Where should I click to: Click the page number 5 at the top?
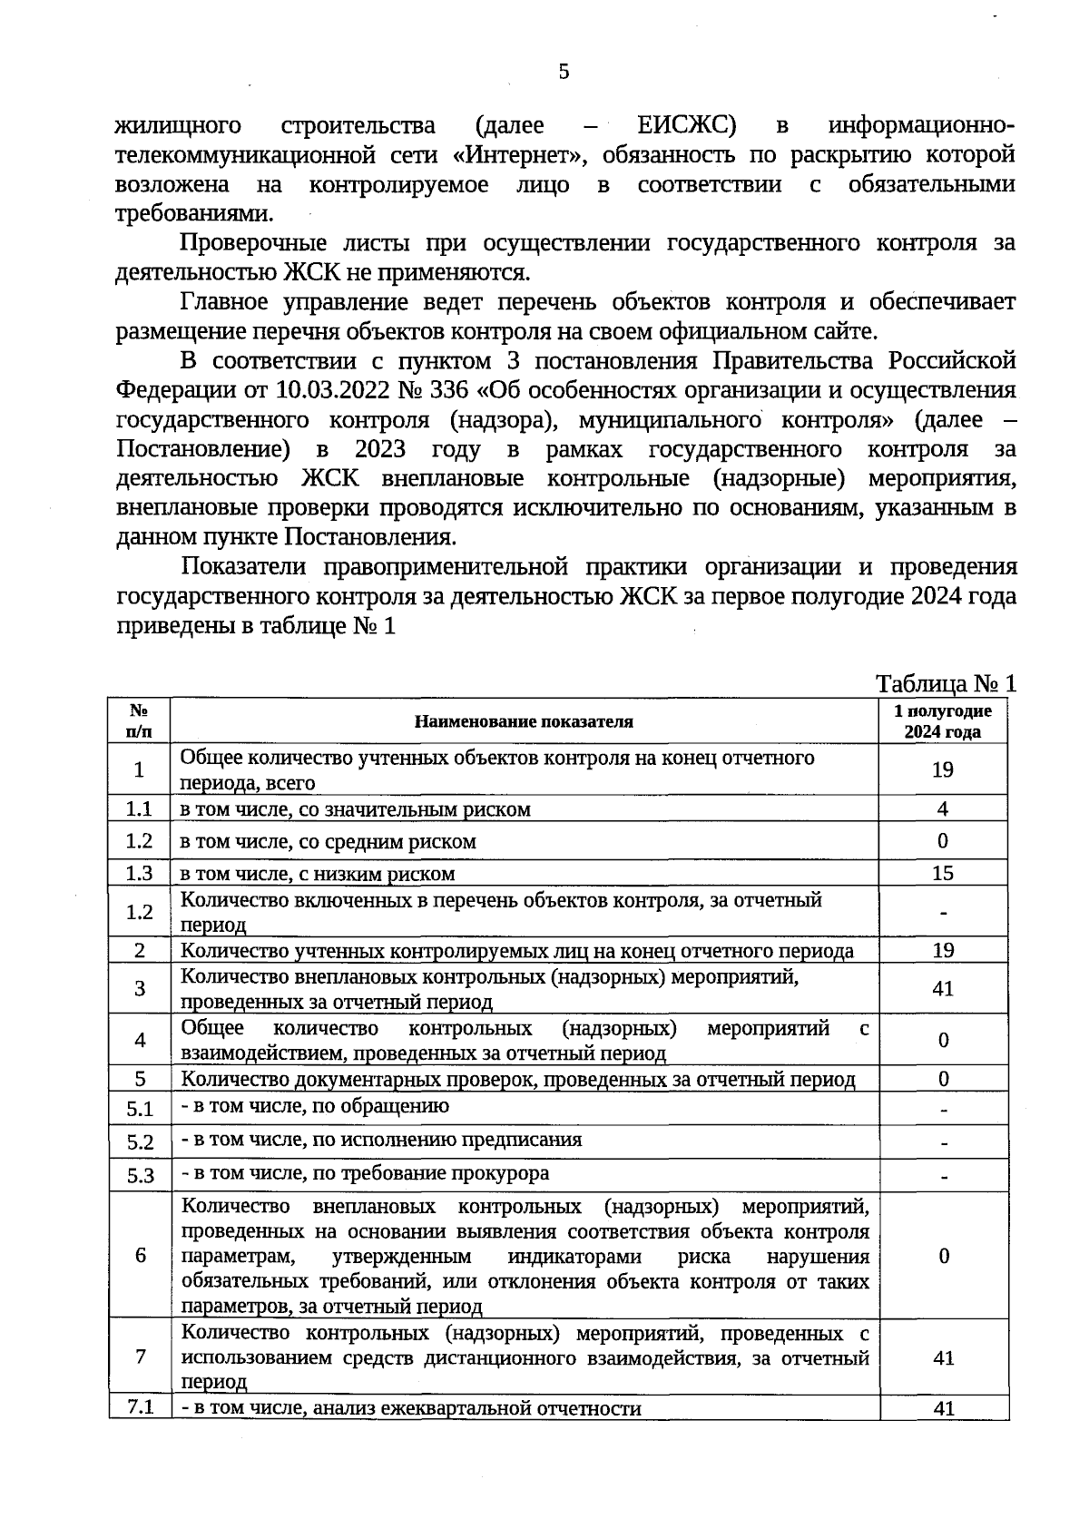click(x=564, y=72)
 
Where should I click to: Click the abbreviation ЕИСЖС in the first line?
click(x=686, y=125)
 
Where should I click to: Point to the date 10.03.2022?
click(x=336, y=390)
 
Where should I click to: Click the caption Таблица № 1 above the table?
click(x=946, y=683)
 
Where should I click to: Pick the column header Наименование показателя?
click(x=524, y=721)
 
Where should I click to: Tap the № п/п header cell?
click(x=139, y=721)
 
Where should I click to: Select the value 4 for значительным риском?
click(x=943, y=808)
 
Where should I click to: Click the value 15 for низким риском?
click(x=943, y=873)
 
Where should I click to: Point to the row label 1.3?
click(x=139, y=873)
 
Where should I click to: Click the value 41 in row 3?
click(x=943, y=988)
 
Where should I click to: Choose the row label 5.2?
click(x=140, y=1142)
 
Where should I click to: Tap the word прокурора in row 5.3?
click(x=505, y=1173)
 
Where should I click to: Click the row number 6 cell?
click(x=140, y=1255)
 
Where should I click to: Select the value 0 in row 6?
click(x=944, y=1255)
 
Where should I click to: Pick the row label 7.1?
click(x=140, y=1407)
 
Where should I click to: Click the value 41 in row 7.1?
click(x=944, y=1408)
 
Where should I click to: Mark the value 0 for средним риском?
click(x=943, y=841)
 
